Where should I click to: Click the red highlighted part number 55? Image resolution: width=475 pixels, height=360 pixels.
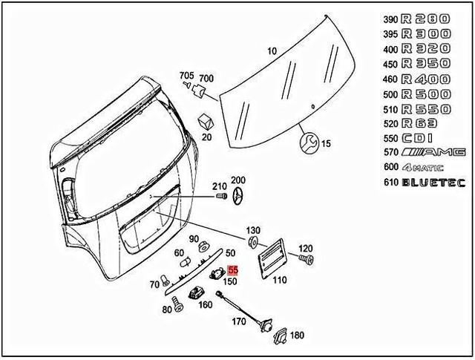(x=232, y=272)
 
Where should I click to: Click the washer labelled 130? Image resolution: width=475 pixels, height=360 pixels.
(x=253, y=243)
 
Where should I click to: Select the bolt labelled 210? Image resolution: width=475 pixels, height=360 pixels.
(x=220, y=196)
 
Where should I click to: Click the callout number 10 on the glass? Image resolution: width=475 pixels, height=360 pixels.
(x=272, y=51)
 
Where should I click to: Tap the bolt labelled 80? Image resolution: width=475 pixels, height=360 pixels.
(x=178, y=304)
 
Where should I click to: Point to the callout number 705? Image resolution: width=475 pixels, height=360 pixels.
(x=185, y=76)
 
